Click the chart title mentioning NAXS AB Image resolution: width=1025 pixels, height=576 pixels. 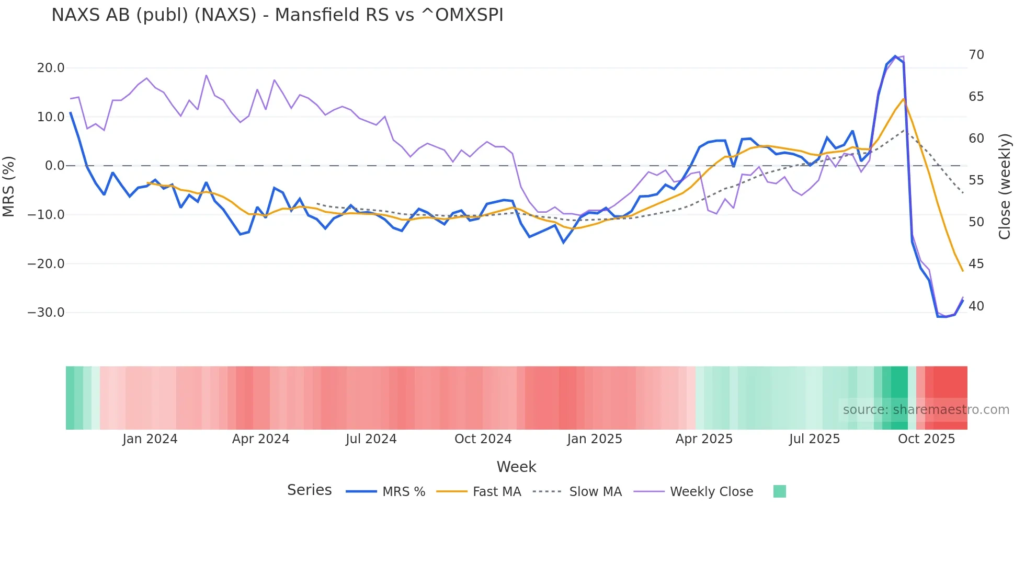[277, 15]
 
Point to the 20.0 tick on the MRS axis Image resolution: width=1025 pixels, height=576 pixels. [51, 68]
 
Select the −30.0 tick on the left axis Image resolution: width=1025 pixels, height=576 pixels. [47, 313]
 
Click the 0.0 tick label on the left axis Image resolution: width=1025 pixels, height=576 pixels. [55, 166]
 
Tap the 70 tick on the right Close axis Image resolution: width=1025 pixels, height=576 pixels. [976, 55]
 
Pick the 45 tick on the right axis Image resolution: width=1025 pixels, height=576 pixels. [976, 264]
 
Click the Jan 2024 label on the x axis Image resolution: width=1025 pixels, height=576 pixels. [150, 439]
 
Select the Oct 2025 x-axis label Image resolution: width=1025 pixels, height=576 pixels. [926, 439]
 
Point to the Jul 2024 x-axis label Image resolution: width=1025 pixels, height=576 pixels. [371, 439]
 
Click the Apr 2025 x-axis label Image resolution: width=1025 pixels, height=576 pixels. [704, 439]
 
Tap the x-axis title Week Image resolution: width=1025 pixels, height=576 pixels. [516, 467]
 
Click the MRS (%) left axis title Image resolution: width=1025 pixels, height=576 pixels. [9, 186]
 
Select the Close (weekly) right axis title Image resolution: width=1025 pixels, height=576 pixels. [1005, 187]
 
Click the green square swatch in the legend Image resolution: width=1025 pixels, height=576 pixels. [780, 491]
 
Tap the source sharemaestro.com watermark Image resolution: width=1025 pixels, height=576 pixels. [926, 410]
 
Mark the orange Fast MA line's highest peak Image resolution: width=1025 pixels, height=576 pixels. [903, 99]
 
